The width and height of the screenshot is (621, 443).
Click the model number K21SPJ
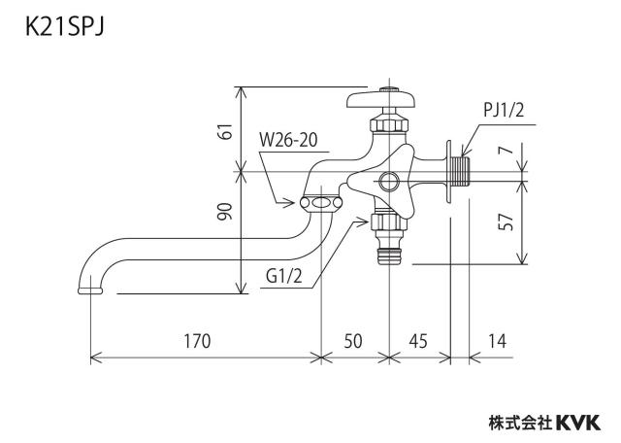(x=65, y=28)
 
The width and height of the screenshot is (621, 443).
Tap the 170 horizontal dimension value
(x=197, y=341)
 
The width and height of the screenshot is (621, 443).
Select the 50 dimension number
(x=352, y=341)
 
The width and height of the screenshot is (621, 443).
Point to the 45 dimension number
(x=418, y=341)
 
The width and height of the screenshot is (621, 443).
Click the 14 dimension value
(x=497, y=341)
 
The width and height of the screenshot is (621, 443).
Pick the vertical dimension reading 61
(x=226, y=131)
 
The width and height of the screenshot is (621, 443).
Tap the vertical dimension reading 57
(x=506, y=222)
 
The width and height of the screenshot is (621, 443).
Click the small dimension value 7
(x=507, y=149)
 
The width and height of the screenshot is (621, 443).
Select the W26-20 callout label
(x=288, y=140)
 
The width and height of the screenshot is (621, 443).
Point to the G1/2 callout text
(x=284, y=277)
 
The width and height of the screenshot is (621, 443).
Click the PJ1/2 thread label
(x=504, y=110)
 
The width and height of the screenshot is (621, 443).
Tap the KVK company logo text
(x=578, y=423)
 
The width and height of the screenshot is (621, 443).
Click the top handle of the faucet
(x=381, y=99)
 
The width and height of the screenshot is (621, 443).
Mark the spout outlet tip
(x=90, y=290)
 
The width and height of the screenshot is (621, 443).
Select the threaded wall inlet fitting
(x=460, y=171)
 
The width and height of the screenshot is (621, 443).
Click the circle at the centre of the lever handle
(x=389, y=183)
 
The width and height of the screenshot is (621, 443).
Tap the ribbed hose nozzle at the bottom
(x=389, y=255)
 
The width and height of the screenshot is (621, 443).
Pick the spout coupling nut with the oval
(x=321, y=203)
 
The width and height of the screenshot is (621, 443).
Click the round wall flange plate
(x=448, y=171)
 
